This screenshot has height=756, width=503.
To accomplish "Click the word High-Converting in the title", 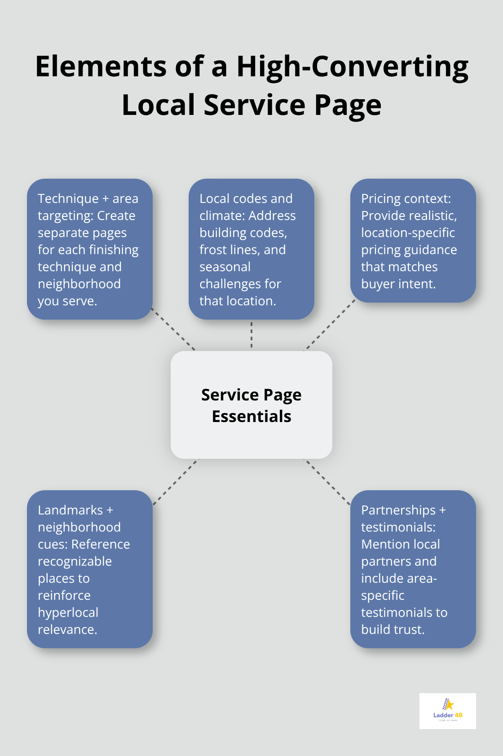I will click(353, 66).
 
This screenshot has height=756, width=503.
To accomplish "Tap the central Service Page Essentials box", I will click(251, 405).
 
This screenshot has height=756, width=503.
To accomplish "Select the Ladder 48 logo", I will click(447, 711).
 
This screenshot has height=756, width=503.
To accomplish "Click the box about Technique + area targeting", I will click(90, 249).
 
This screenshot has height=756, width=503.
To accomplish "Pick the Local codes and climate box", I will click(251, 249).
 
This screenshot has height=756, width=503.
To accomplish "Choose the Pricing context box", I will click(413, 241).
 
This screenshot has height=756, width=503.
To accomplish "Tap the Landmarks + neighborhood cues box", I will click(90, 569).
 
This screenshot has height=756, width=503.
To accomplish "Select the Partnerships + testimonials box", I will click(413, 569).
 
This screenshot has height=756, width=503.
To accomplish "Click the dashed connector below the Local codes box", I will click(251, 335).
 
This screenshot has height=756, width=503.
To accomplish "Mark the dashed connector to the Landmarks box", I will click(175, 482).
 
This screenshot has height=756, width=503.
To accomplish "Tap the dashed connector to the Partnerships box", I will click(328, 482).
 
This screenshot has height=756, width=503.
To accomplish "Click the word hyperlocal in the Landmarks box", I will click(68, 613).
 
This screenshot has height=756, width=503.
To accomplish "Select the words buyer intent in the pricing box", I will click(398, 284).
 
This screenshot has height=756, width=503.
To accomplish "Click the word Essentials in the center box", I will click(251, 417).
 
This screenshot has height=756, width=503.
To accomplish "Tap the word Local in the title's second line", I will click(159, 105).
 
